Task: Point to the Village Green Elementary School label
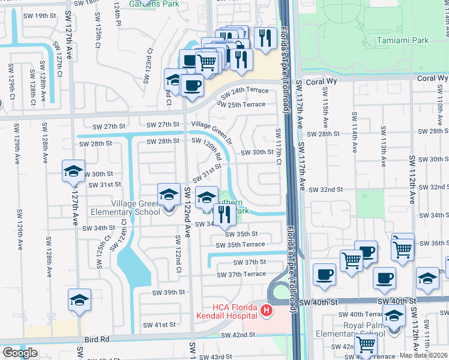click(x=125, y=208)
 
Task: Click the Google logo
click(x=20, y=353)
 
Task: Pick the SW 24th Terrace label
click(x=245, y=93)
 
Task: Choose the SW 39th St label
click(x=168, y=292)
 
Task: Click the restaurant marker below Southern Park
click(x=224, y=215)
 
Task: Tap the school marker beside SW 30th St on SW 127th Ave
click(x=73, y=172)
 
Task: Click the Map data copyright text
click(x=424, y=355)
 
